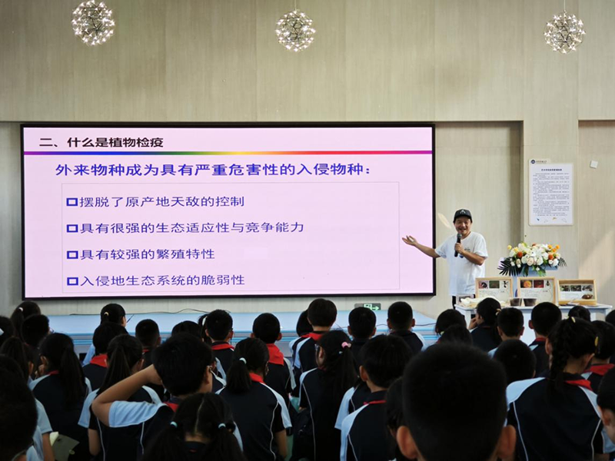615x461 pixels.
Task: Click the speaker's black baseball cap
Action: [462, 214]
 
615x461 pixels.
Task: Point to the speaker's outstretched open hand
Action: [410, 240]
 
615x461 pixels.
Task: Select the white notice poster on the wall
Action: [550, 192]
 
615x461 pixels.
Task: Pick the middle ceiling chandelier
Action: [295, 30]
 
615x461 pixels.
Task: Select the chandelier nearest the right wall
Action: [564, 32]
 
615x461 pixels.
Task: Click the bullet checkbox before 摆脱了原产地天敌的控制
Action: [71, 202]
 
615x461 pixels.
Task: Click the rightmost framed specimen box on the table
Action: [576, 290]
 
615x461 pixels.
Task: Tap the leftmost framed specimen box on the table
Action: [494, 289]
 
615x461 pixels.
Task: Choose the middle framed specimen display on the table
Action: [537, 289]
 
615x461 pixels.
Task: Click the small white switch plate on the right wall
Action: [593, 164]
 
